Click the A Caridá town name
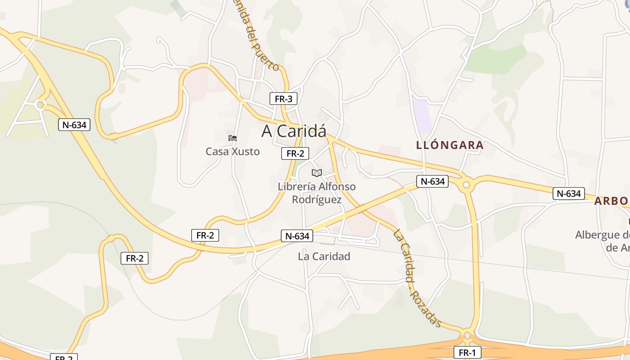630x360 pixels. point(294,131)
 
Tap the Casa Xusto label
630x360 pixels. point(233,152)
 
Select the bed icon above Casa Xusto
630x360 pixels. point(233,138)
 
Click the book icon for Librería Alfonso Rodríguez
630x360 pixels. point(317,173)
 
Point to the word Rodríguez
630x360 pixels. point(317,199)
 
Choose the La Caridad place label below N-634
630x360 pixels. point(324,256)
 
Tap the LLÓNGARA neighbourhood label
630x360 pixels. point(450,145)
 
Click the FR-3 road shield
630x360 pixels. point(283,99)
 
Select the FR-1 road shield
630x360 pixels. point(467,352)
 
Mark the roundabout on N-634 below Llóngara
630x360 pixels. point(466,184)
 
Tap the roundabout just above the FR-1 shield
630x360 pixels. point(467,335)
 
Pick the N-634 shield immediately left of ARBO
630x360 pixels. point(569,193)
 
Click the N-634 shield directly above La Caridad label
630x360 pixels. point(297,236)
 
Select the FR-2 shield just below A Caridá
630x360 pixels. point(295,153)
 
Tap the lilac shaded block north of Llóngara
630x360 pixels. point(423,117)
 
